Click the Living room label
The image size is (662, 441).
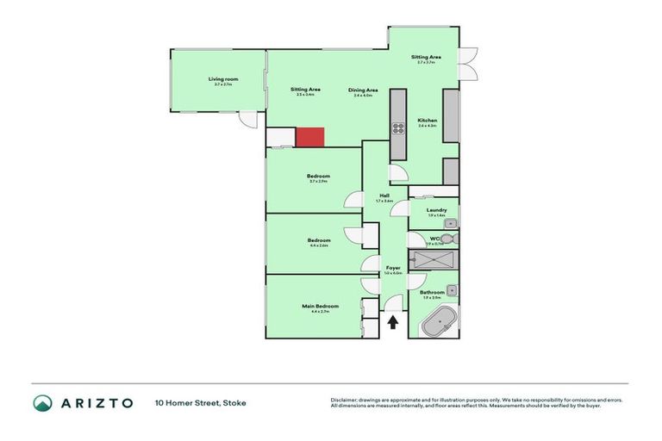[222, 79]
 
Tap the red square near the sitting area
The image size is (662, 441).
[309, 137]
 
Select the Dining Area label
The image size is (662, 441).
[363, 90]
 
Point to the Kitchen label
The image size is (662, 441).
[427, 121]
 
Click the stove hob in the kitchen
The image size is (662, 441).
[399, 129]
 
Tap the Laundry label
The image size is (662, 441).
[436, 210]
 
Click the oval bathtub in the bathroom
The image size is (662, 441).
[440, 326]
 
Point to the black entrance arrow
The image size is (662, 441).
[393, 323]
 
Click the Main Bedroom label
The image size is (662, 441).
[320, 307]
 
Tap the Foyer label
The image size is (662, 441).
[393, 269]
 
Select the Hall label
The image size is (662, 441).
[384, 196]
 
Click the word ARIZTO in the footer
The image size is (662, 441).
[97, 402]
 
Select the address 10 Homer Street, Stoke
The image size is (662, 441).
[194, 402]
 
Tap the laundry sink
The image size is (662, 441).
[450, 223]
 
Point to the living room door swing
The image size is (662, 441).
[249, 121]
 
